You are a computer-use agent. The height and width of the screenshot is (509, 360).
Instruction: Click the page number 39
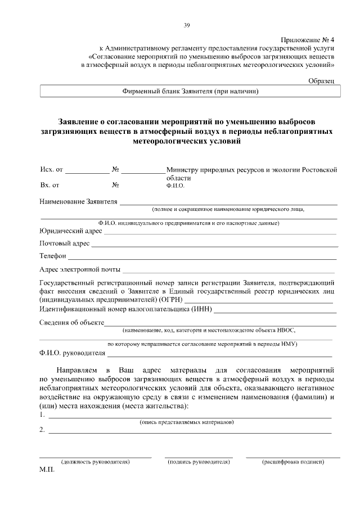187,25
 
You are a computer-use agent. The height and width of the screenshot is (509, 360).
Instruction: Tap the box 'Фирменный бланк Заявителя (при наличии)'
190,91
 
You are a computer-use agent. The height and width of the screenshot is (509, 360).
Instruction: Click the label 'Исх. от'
52,169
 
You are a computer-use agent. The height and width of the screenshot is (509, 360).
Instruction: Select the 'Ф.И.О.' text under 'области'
175,184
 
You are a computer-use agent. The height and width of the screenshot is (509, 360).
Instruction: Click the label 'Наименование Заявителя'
78,201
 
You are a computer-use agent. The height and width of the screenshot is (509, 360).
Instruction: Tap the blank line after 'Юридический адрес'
219,232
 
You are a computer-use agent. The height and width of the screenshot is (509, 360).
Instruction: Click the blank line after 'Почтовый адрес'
214,245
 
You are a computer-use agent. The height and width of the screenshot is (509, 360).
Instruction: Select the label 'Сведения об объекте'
72,322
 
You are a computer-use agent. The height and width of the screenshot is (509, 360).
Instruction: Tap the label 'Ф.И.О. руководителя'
73,353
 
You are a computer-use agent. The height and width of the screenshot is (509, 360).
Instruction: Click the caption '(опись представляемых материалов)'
186,421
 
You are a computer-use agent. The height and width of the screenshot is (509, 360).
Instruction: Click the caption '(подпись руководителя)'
198,462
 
